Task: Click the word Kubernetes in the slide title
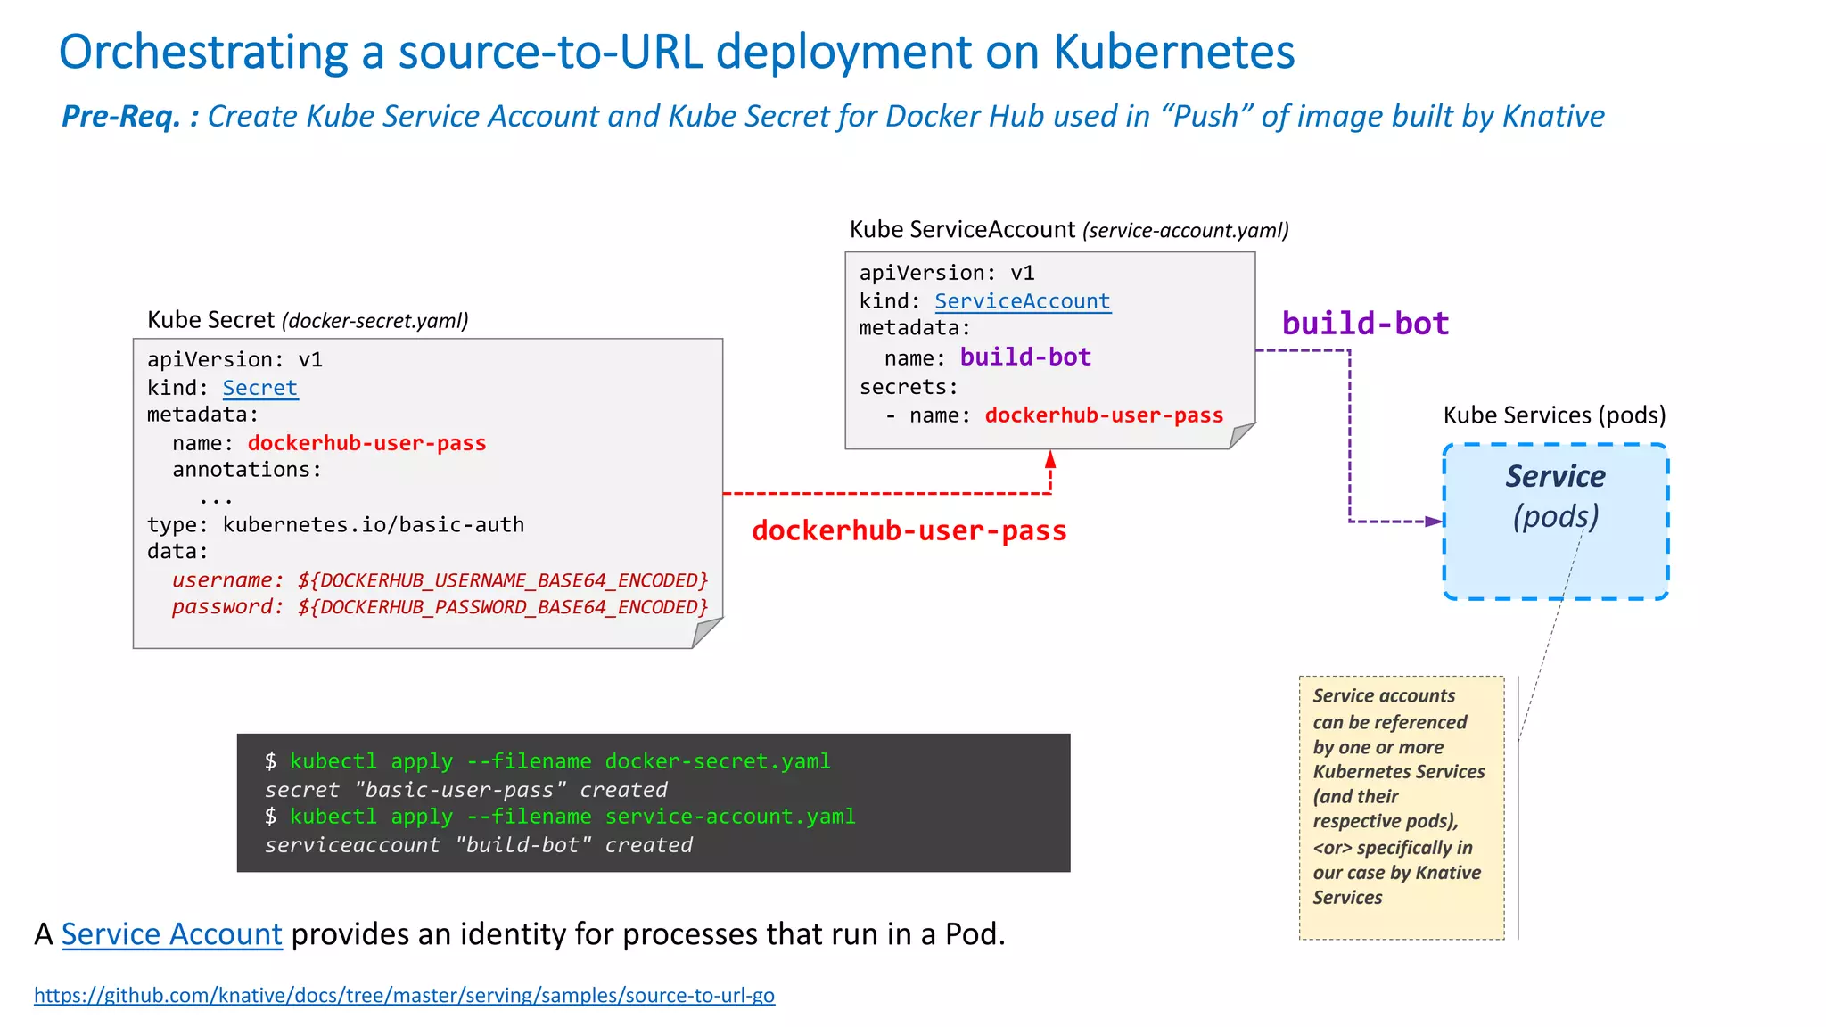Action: coord(1173,52)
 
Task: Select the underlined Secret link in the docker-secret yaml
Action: coord(259,388)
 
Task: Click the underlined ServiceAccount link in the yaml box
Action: coord(1022,301)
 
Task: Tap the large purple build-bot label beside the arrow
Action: coord(1365,323)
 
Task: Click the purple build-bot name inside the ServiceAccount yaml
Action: coord(1025,357)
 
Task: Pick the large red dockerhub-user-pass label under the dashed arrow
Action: coord(909,530)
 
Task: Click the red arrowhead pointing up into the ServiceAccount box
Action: coord(1050,460)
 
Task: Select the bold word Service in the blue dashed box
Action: coord(1555,476)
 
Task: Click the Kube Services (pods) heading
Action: coord(1554,415)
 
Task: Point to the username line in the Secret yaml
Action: coord(440,580)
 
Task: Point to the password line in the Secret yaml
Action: coord(440,607)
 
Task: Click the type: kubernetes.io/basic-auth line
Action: coord(335,525)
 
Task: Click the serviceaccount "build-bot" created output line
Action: coord(478,845)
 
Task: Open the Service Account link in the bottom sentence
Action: coord(171,934)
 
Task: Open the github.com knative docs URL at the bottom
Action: coord(404,995)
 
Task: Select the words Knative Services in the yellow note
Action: coord(1396,885)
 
